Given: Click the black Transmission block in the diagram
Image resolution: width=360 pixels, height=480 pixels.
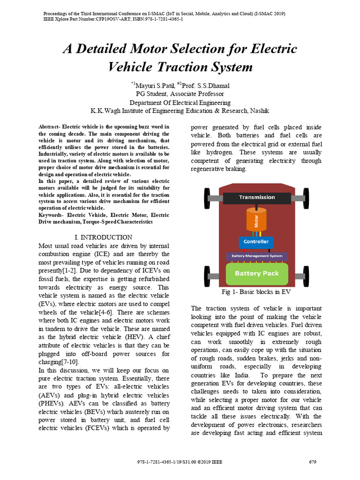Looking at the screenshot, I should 256,198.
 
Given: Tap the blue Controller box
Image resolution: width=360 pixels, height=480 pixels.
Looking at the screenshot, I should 256,242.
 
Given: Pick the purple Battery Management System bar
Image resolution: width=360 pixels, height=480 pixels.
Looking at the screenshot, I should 257,256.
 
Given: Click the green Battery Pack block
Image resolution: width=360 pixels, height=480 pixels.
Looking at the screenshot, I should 256,273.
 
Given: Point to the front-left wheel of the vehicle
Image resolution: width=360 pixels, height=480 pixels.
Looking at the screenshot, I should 207,198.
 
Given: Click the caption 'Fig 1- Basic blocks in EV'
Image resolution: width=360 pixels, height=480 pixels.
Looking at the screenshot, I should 256,292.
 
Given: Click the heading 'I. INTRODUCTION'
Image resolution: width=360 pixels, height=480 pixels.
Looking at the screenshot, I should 104,237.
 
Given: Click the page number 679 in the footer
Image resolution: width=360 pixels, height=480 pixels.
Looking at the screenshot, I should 313,462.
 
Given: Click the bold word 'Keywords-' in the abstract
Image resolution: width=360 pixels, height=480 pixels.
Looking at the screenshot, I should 53,215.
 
